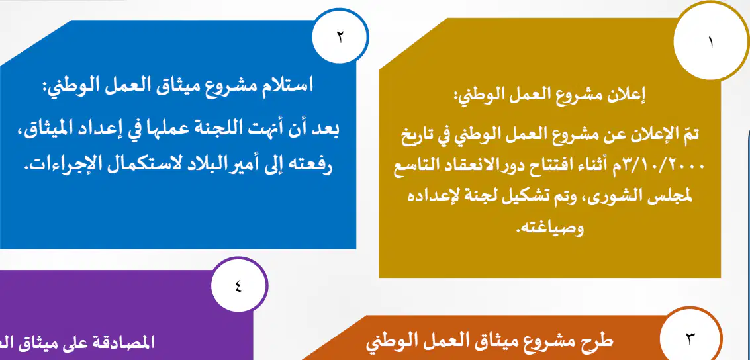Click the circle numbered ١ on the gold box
711,42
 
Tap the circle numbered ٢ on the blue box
340,37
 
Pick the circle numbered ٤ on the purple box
239,287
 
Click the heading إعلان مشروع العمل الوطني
549,95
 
